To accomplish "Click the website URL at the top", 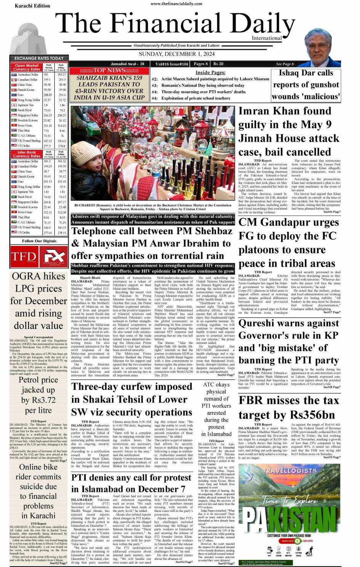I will [x=176, y=4].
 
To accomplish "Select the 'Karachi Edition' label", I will [x=32, y=6].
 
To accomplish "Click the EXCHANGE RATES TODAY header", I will [x=39, y=58].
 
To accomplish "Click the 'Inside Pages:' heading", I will [x=210, y=72].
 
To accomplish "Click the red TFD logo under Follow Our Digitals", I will [x=24, y=257].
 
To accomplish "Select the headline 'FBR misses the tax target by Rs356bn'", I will [x=288, y=407].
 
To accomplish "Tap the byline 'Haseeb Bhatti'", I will [x=90, y=278].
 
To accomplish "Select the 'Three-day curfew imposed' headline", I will [x=131, y=399].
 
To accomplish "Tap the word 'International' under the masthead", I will [x=267, y=38].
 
